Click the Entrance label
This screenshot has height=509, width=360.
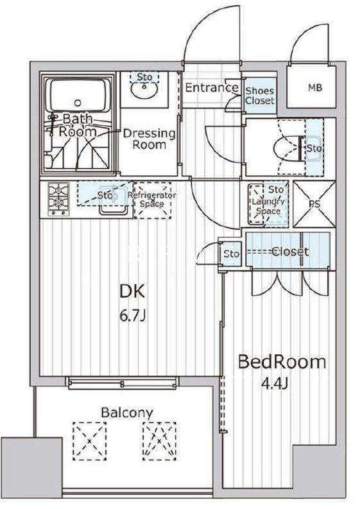212,87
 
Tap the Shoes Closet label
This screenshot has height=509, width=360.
259,96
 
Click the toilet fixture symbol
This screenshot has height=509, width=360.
285,148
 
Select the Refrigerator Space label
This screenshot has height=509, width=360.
152,199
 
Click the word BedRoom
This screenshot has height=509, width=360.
282,362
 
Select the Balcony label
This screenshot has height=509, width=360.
126,412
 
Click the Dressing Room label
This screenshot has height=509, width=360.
149,139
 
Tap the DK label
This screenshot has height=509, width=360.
133,291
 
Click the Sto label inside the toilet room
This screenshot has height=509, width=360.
313,149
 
